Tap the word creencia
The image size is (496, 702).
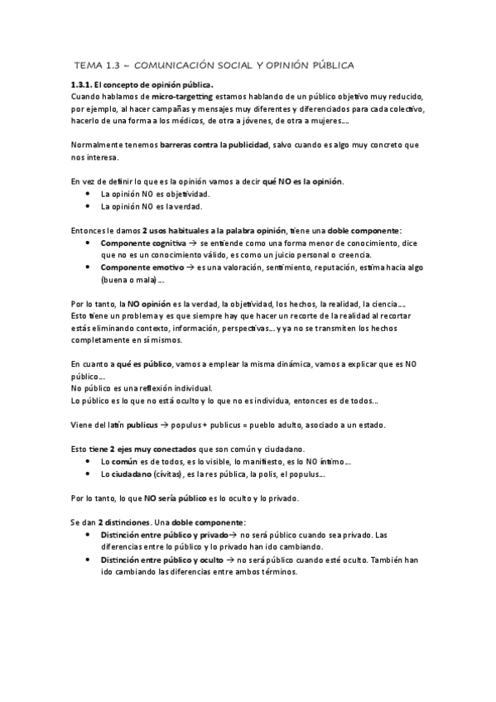352,255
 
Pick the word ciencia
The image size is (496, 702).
386,305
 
